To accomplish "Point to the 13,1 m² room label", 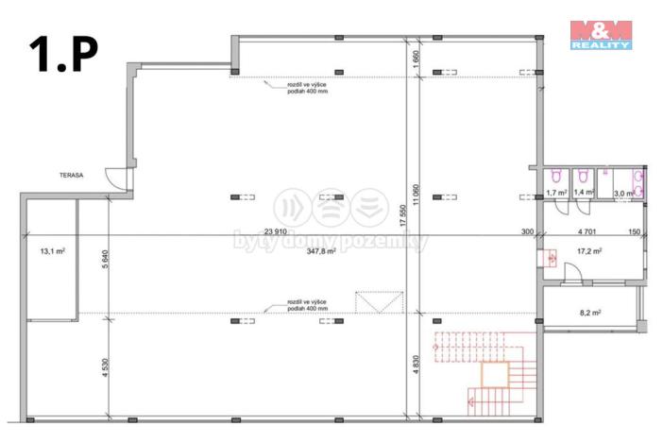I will point(51,251).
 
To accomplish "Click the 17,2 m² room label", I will point(588,251).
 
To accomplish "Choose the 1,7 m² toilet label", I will point(556,193).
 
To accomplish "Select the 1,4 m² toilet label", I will point(584,193).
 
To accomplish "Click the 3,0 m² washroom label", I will point(623,194).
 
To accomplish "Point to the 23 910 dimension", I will point(276,231).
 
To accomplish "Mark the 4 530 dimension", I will point(105,365).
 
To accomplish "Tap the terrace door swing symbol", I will point(115,177).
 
